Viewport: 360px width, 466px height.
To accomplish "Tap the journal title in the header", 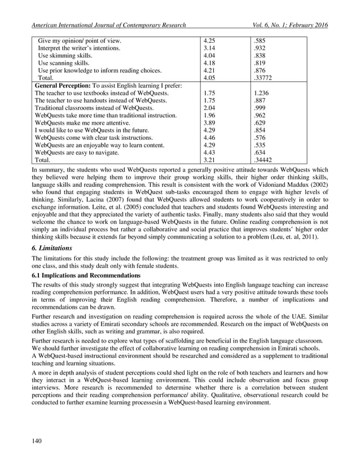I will [109, 25].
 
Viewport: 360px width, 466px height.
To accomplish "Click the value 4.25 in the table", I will [209, 41].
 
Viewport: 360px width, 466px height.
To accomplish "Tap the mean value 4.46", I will [209, 137].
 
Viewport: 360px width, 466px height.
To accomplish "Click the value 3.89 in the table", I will [209, 122].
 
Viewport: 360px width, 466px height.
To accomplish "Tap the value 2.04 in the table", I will [209, 108].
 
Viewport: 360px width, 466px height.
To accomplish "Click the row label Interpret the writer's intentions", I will [78, 49].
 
